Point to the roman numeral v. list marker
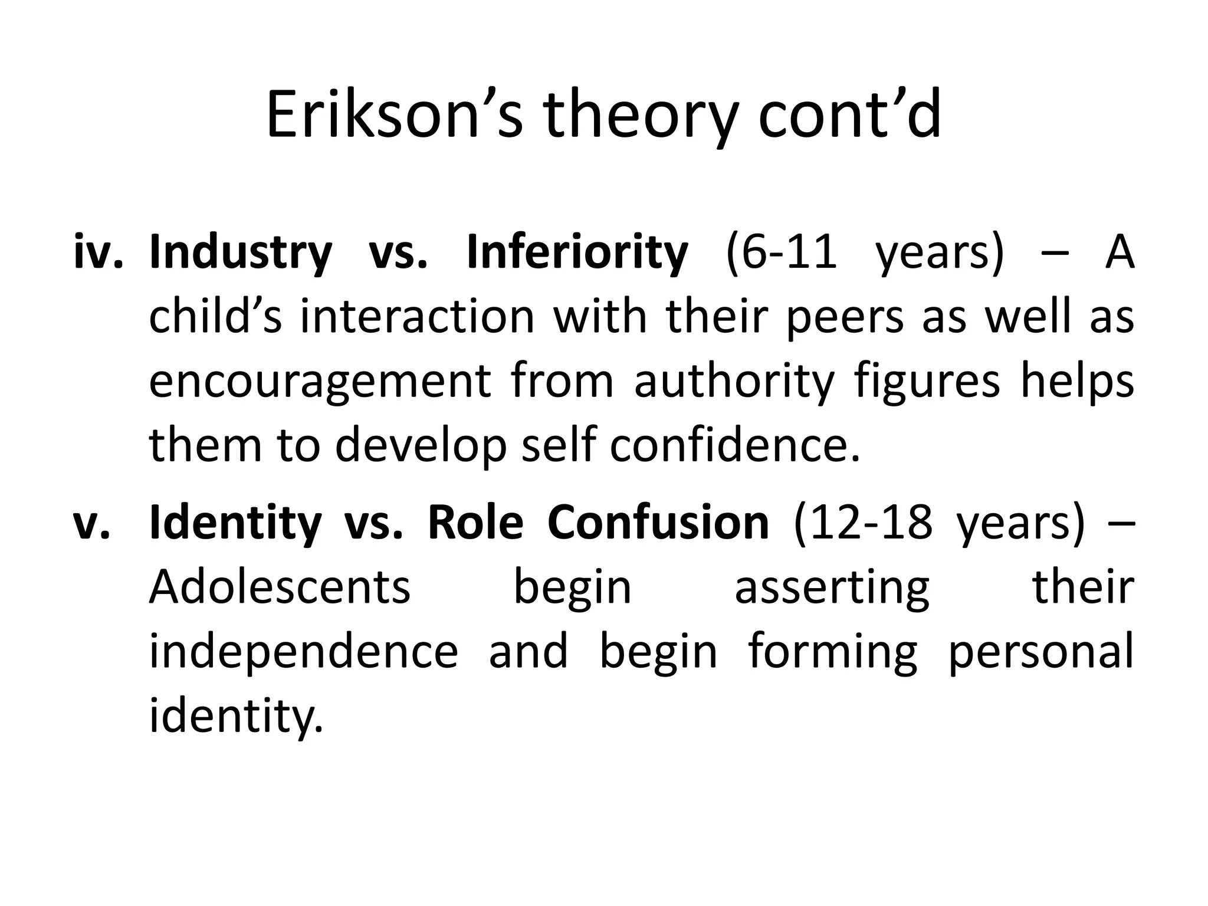click(x=91, y=523)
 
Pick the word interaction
click(x=417, y=317)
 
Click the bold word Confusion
click(x=658, y=523)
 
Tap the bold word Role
click(x=475, y=523)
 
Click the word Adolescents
click(x=280, y=587)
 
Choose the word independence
click(x=303, y=652)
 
